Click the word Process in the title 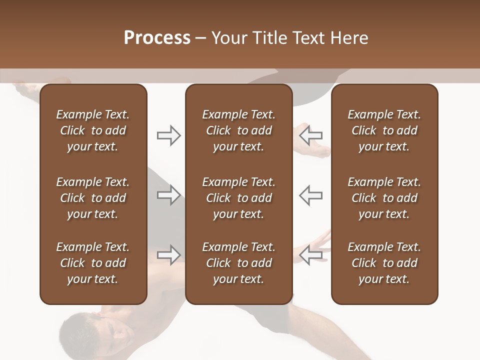[157, 38]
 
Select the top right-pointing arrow [168, 135]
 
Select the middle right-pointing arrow [168, 195]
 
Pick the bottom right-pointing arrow [168, 254]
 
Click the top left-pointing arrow [311, 135]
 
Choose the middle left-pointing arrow [311, 195]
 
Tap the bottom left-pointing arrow [311, 254]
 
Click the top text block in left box [93, 130]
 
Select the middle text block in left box [93, 198]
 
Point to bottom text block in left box [93, 263]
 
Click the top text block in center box [238, 130]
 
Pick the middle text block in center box [238, 198]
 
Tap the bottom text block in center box [238, 263]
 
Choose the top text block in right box [384, 130]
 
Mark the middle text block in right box [384, 198]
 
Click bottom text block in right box [384, 263]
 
